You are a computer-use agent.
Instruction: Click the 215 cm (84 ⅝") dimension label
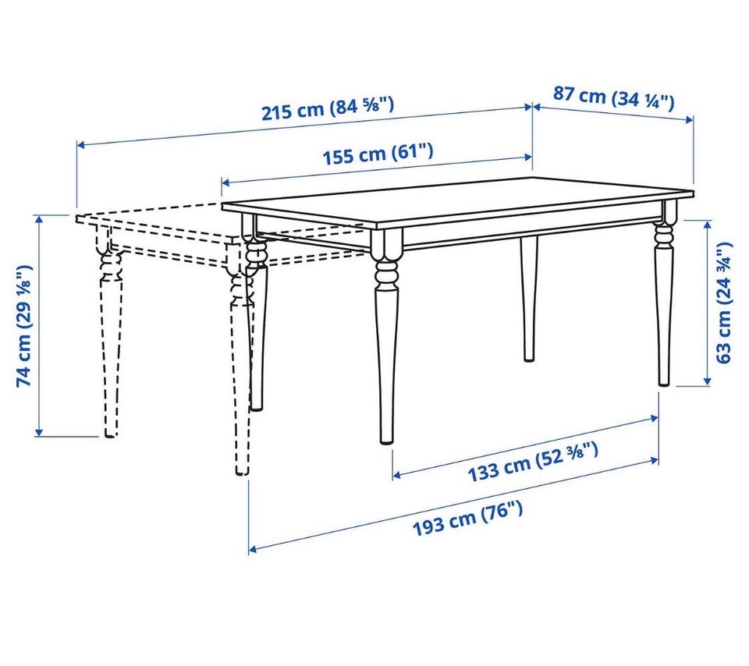328,108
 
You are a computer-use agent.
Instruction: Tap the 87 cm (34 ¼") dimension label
614,97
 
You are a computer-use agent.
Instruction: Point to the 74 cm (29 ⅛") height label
24,325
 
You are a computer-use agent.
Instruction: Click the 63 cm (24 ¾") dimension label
724,303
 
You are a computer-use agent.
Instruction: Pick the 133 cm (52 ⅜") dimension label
533,462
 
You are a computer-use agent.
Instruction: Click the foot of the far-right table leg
663,383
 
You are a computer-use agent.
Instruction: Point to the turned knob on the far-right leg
663,233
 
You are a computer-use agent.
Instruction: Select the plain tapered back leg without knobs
528,299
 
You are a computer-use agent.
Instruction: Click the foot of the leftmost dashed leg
110,434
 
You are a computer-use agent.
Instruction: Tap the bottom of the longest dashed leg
242,473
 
